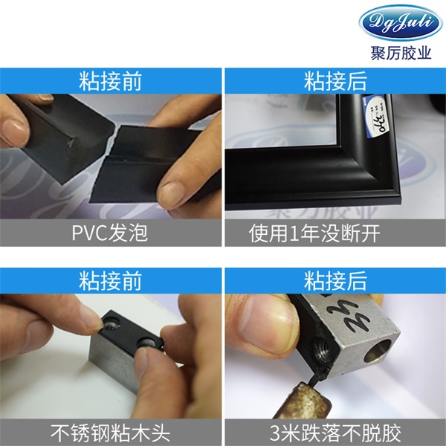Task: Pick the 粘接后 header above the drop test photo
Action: coord(335,280)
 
